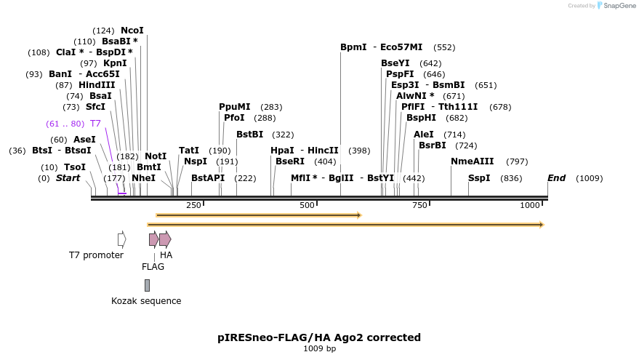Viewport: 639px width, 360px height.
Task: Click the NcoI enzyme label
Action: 132,31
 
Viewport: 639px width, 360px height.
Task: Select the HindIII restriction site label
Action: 97,85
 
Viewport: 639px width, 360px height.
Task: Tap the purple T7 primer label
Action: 95,124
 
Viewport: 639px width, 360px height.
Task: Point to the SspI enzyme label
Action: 479,178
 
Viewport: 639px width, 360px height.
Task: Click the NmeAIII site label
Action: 472,161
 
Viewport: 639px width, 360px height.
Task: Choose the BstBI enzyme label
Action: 249,135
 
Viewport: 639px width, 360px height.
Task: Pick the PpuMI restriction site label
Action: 234,107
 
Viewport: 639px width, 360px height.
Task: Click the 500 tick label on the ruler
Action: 306,206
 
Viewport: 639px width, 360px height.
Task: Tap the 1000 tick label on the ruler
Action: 530,206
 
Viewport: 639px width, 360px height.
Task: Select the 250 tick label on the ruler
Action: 193,206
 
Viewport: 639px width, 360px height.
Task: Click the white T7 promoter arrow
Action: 121,239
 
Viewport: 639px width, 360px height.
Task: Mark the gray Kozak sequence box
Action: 147,285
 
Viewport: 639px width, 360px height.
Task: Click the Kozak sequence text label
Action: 146,301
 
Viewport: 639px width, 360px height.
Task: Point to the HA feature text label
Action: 166,255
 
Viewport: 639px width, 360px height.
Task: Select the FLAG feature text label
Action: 153,267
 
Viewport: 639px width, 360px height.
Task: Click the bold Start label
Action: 68,178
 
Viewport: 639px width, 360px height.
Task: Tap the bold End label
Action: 556,178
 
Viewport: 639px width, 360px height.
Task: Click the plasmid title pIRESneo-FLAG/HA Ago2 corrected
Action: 319,337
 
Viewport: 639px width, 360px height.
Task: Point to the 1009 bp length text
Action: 319,349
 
